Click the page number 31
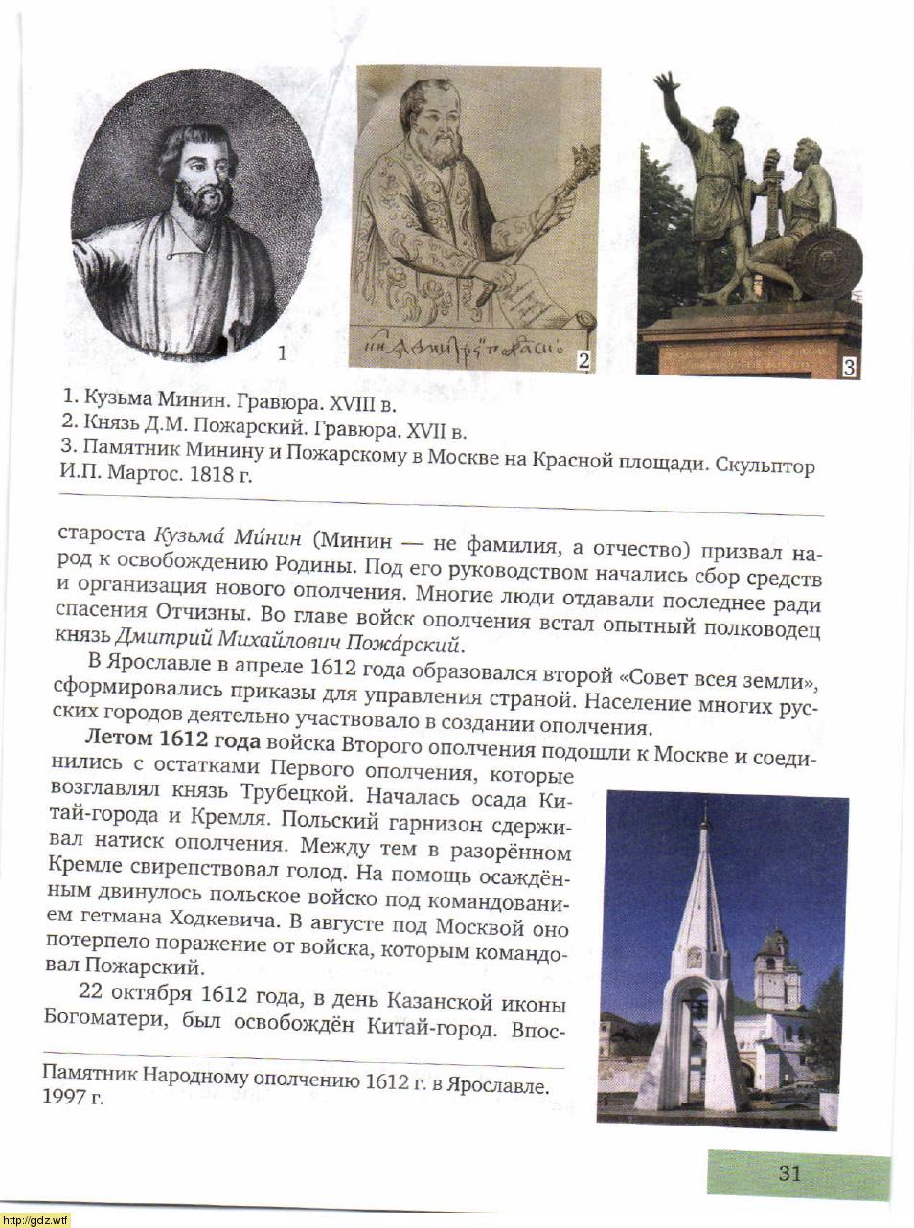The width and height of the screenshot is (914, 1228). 789,1172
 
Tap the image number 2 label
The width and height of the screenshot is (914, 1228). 583,360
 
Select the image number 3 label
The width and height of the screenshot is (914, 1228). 849,366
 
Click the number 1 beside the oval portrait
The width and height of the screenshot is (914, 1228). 282,352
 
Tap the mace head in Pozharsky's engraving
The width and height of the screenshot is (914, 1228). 583,163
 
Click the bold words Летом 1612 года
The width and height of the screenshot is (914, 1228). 172,739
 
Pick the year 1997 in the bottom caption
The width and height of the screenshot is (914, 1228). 63,1098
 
